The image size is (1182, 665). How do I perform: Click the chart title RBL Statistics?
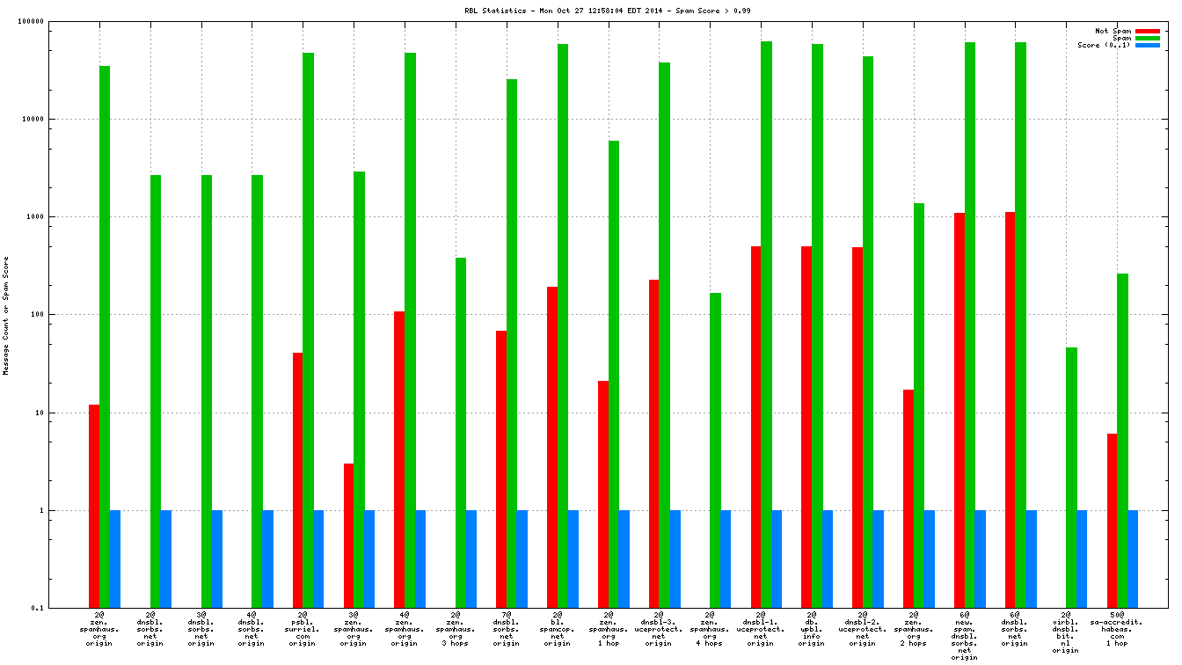click(x=608, y=11)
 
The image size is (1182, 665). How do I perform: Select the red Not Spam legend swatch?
click(x=1148, y=31)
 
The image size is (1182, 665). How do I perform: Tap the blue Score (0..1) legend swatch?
click(x=1148, y=45)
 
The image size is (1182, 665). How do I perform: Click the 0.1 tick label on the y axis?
click(x=61, y=608)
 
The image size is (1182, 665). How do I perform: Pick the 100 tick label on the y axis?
click(x=61, y=314)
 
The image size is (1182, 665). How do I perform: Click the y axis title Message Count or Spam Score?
click(x=6, y=316)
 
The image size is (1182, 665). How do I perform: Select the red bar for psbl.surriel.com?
click(x=297, y=479)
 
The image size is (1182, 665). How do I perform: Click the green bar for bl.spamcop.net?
click(x=563, y=325)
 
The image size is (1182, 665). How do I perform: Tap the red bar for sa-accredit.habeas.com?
click(x=1112, y=520)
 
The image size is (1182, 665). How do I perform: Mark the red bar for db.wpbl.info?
click(x=806, y=427)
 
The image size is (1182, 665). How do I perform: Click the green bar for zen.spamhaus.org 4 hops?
click(x=715, y=449)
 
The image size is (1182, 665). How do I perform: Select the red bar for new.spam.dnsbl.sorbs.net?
click(x=959, y=410)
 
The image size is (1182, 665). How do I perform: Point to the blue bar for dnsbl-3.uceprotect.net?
click(x=675, y=559)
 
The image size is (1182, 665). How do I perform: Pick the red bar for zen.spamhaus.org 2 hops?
click(x=908, y=498)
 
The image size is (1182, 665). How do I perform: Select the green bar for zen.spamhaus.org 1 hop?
click(x=614, y=374)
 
